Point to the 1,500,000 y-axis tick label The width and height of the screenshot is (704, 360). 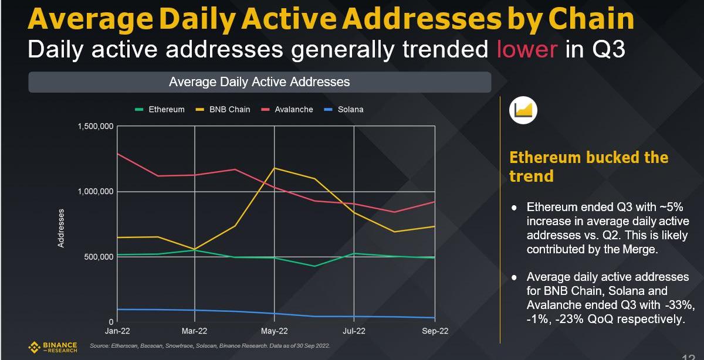pyautogui.click(x=95, y=127)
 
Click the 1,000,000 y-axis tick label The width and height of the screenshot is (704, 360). pyautogui.click(x=95, y=192)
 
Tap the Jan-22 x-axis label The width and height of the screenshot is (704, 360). pyautogui.click(x=117, y=331)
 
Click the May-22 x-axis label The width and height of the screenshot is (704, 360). pyautogui.click(x=274, y=331)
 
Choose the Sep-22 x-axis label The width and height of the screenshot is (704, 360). pyautogui.click(x=435, y=331)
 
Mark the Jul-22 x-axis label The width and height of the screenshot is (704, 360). pyautogui.click(x=354, y=331)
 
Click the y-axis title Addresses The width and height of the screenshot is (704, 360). pyautogui.click(x=61, y=227)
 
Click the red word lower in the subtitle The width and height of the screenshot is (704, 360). pyautogui.click(x=526, y=49)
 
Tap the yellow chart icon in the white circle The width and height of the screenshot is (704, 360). pyautogui.click(x=523, y=110)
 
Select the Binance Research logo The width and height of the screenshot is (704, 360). pyautogui.click(x=53, y=347)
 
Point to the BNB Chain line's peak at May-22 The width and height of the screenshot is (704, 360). pyautogui.click(x=274, y=168)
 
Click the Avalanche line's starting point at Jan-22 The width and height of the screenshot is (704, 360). pyautogui.click(x=117, y=154)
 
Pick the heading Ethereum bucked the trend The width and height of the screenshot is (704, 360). pyautogui.click(x=588, y=167)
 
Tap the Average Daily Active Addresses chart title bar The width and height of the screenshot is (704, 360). pyautogui.click(x=259, y=82)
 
